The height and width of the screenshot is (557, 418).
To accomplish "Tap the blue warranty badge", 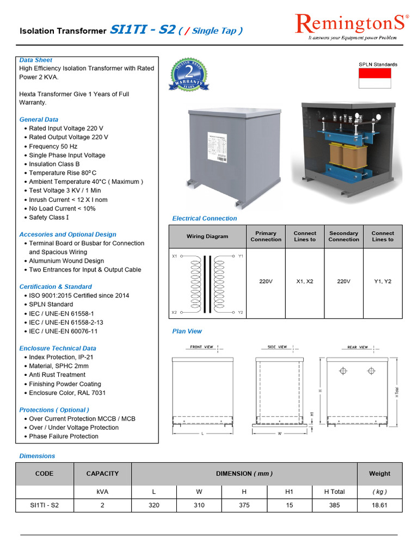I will [189, 75].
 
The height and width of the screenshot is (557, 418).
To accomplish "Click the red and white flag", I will [374, 78].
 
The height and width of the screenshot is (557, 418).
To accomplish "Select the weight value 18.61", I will [379, 505].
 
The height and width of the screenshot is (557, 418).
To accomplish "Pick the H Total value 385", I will [334, 505].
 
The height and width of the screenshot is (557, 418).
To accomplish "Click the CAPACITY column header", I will [102, 474].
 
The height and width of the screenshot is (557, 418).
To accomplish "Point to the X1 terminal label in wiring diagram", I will [175, 255].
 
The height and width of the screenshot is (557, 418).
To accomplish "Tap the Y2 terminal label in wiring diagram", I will [241, 313].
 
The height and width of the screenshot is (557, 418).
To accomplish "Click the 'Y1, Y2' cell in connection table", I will [383, 282].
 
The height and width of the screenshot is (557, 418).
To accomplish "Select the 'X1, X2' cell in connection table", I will [305, 282].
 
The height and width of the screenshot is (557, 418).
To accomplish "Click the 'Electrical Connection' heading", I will [205, 219].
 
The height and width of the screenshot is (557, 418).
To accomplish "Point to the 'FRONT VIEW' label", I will [202, 347].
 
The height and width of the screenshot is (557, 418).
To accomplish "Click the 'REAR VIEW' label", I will [358, 347].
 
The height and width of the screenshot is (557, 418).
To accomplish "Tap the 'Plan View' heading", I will [187, 331].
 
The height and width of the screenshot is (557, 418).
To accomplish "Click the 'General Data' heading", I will [39, 120].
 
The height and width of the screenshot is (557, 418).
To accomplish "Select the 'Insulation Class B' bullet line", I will [54, 164].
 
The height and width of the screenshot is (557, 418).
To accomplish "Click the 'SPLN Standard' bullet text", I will [51, 305].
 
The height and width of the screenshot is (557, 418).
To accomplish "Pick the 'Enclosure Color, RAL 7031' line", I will [67, 393].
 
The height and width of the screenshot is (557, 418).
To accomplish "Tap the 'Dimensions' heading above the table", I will [37, 456].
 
